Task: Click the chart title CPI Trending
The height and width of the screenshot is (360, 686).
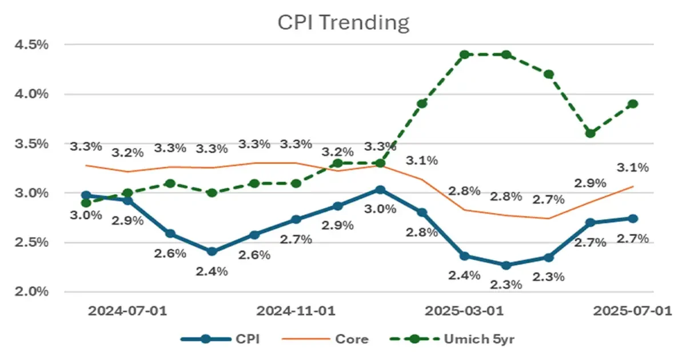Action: pyautogui.click(x=344, y=23)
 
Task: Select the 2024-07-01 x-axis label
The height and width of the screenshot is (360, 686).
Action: pyautogui.click(x=127, y=311)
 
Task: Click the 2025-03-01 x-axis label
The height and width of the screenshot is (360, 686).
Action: pyautogui.click(x=464, y=311)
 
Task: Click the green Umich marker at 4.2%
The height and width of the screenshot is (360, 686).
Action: pyautogui.click(x=548, y=74)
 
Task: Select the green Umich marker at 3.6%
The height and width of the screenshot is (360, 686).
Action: pyautogui.click(x=591, y=133)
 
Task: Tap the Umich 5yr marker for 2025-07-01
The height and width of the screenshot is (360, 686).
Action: pyautogui.click(x=633, y=104)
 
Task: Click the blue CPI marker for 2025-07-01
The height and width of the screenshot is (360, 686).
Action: pyautogui.click(x=633, y=218)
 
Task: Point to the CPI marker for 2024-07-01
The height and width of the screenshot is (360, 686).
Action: pyautogui.click(x=127, y=201)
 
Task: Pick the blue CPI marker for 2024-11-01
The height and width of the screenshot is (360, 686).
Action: pyautogui.click(x=296, y=219)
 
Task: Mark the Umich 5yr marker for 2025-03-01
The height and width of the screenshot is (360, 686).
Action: pyautogui.click(x=464, y=54)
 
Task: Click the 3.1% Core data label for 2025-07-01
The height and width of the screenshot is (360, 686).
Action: pyautogui.click(x=633, y=167)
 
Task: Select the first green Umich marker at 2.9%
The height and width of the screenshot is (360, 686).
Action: pyautogui.click(x=85, y=203)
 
